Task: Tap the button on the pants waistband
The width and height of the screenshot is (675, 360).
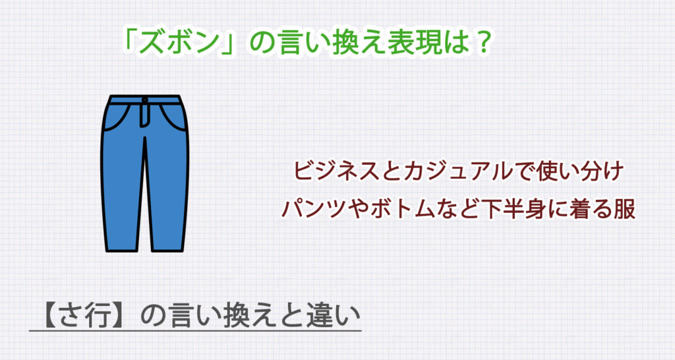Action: tap(145, 101)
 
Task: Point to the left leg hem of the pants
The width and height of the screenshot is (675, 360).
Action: tap(119, 247)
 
